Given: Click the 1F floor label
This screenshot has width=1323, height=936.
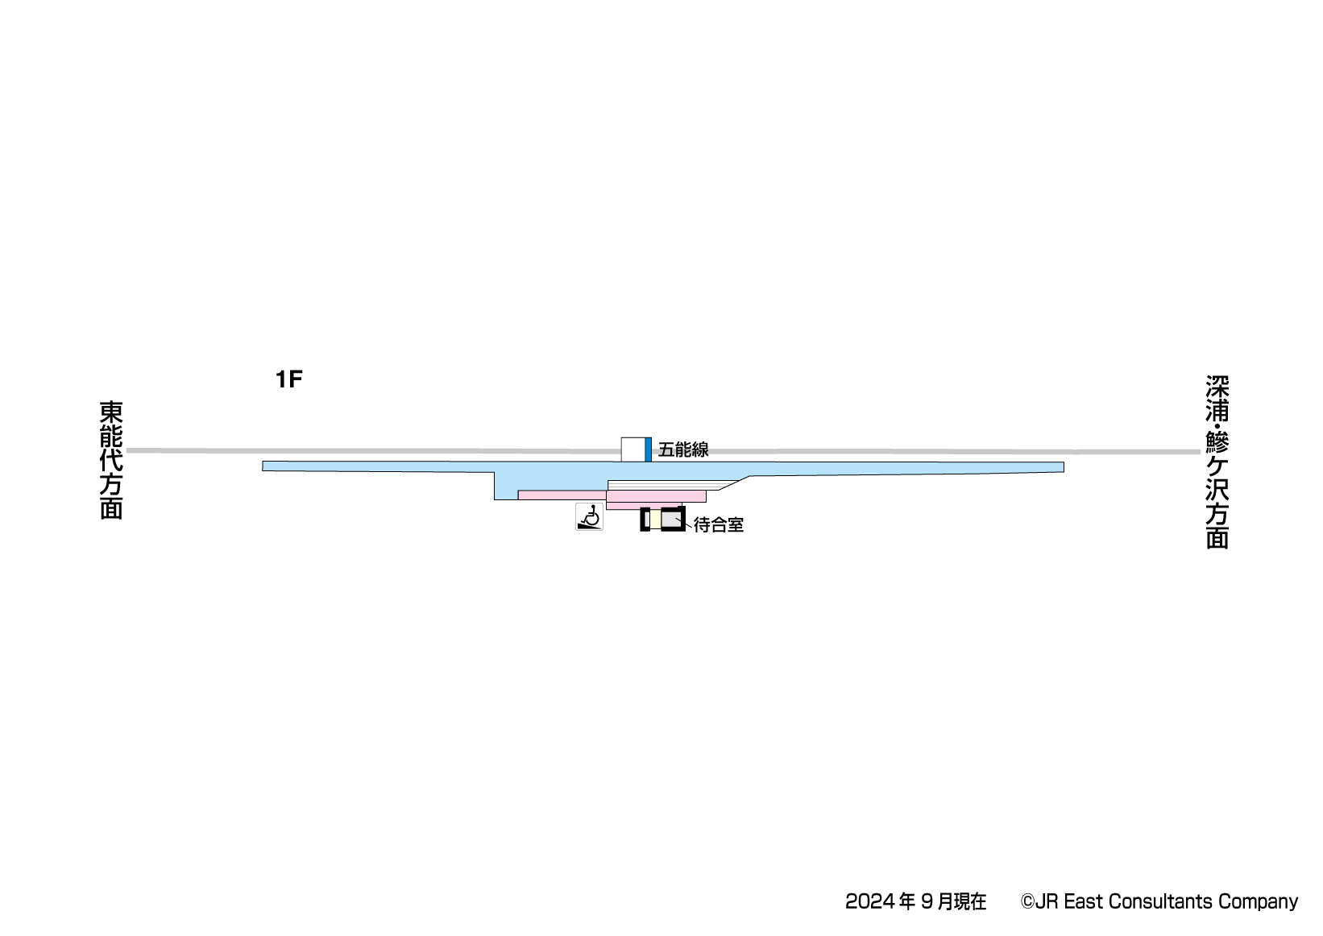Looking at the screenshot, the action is click(288, 379).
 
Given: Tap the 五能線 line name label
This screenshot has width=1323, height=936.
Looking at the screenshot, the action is click(683, 450).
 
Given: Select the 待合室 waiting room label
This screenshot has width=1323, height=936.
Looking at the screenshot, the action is click(718, 525).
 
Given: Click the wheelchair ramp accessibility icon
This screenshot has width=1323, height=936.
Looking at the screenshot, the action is click(590, 517).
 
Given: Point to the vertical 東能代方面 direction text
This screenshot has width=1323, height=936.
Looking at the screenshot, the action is click(111, 461).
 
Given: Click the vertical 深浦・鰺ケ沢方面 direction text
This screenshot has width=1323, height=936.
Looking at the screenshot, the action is click(1217, 462).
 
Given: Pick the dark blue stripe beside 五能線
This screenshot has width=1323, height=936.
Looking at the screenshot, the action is click(648, 450).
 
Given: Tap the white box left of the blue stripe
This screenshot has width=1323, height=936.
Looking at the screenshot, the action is click(633, 450).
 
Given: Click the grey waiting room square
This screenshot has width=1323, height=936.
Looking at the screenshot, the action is click(671, 520).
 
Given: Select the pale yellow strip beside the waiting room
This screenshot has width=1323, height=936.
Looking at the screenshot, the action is click(656, 520).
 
